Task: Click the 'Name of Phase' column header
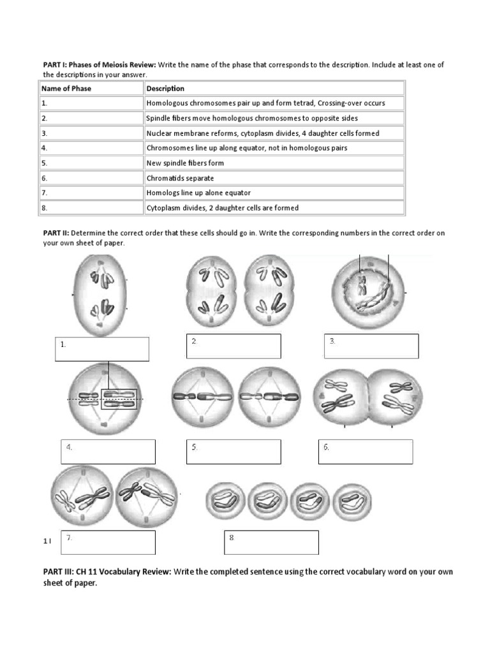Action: pos(66,89)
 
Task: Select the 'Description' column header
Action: pos(165,89)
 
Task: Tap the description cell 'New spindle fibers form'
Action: pos(185,163)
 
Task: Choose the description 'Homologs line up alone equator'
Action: pos(198,193)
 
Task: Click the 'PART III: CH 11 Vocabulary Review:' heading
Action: pos(107,571)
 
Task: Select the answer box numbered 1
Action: pos(102,349)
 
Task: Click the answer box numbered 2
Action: pos(234,346)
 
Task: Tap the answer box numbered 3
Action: pos(371,346)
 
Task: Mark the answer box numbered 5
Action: pos(234,451)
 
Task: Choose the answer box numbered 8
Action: pos(271,542)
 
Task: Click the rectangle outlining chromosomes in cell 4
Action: pos(119,399)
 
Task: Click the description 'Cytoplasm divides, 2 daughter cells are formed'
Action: pos(223,208)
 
